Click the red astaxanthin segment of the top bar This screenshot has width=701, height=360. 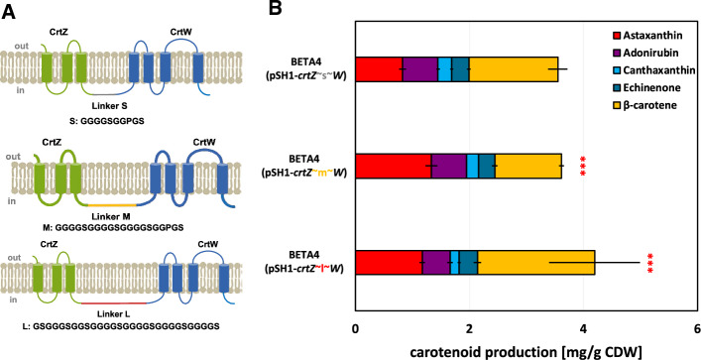point(378,68)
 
